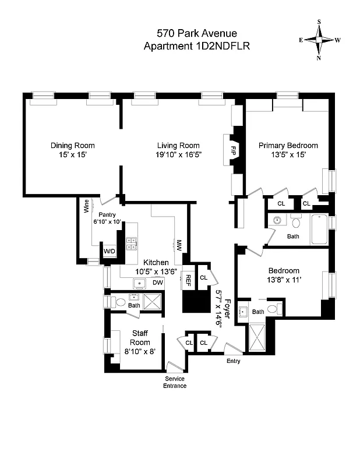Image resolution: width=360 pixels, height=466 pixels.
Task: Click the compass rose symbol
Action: tap(319, 40)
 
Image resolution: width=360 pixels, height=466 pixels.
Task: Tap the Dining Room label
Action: tap(73, 146)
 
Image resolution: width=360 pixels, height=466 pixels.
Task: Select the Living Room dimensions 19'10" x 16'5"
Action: tap(178, 156)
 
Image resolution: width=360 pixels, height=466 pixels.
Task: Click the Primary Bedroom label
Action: tap(288, 146)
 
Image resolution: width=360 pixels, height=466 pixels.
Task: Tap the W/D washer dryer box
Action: tap(110, 251)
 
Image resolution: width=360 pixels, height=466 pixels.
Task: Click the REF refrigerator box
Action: tap(188, 278)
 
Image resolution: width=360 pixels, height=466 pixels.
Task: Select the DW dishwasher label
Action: tap(157, 283)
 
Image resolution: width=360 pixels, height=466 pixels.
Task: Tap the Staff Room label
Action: tap(140, 338)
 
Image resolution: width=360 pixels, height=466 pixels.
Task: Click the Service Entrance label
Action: tap(175, 382)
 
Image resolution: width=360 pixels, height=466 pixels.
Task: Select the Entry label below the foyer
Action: tap(233, 361)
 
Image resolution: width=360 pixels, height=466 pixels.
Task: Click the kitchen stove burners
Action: tap(132, 243)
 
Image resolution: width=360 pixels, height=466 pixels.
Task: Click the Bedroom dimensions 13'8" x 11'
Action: tap(284, 280)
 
